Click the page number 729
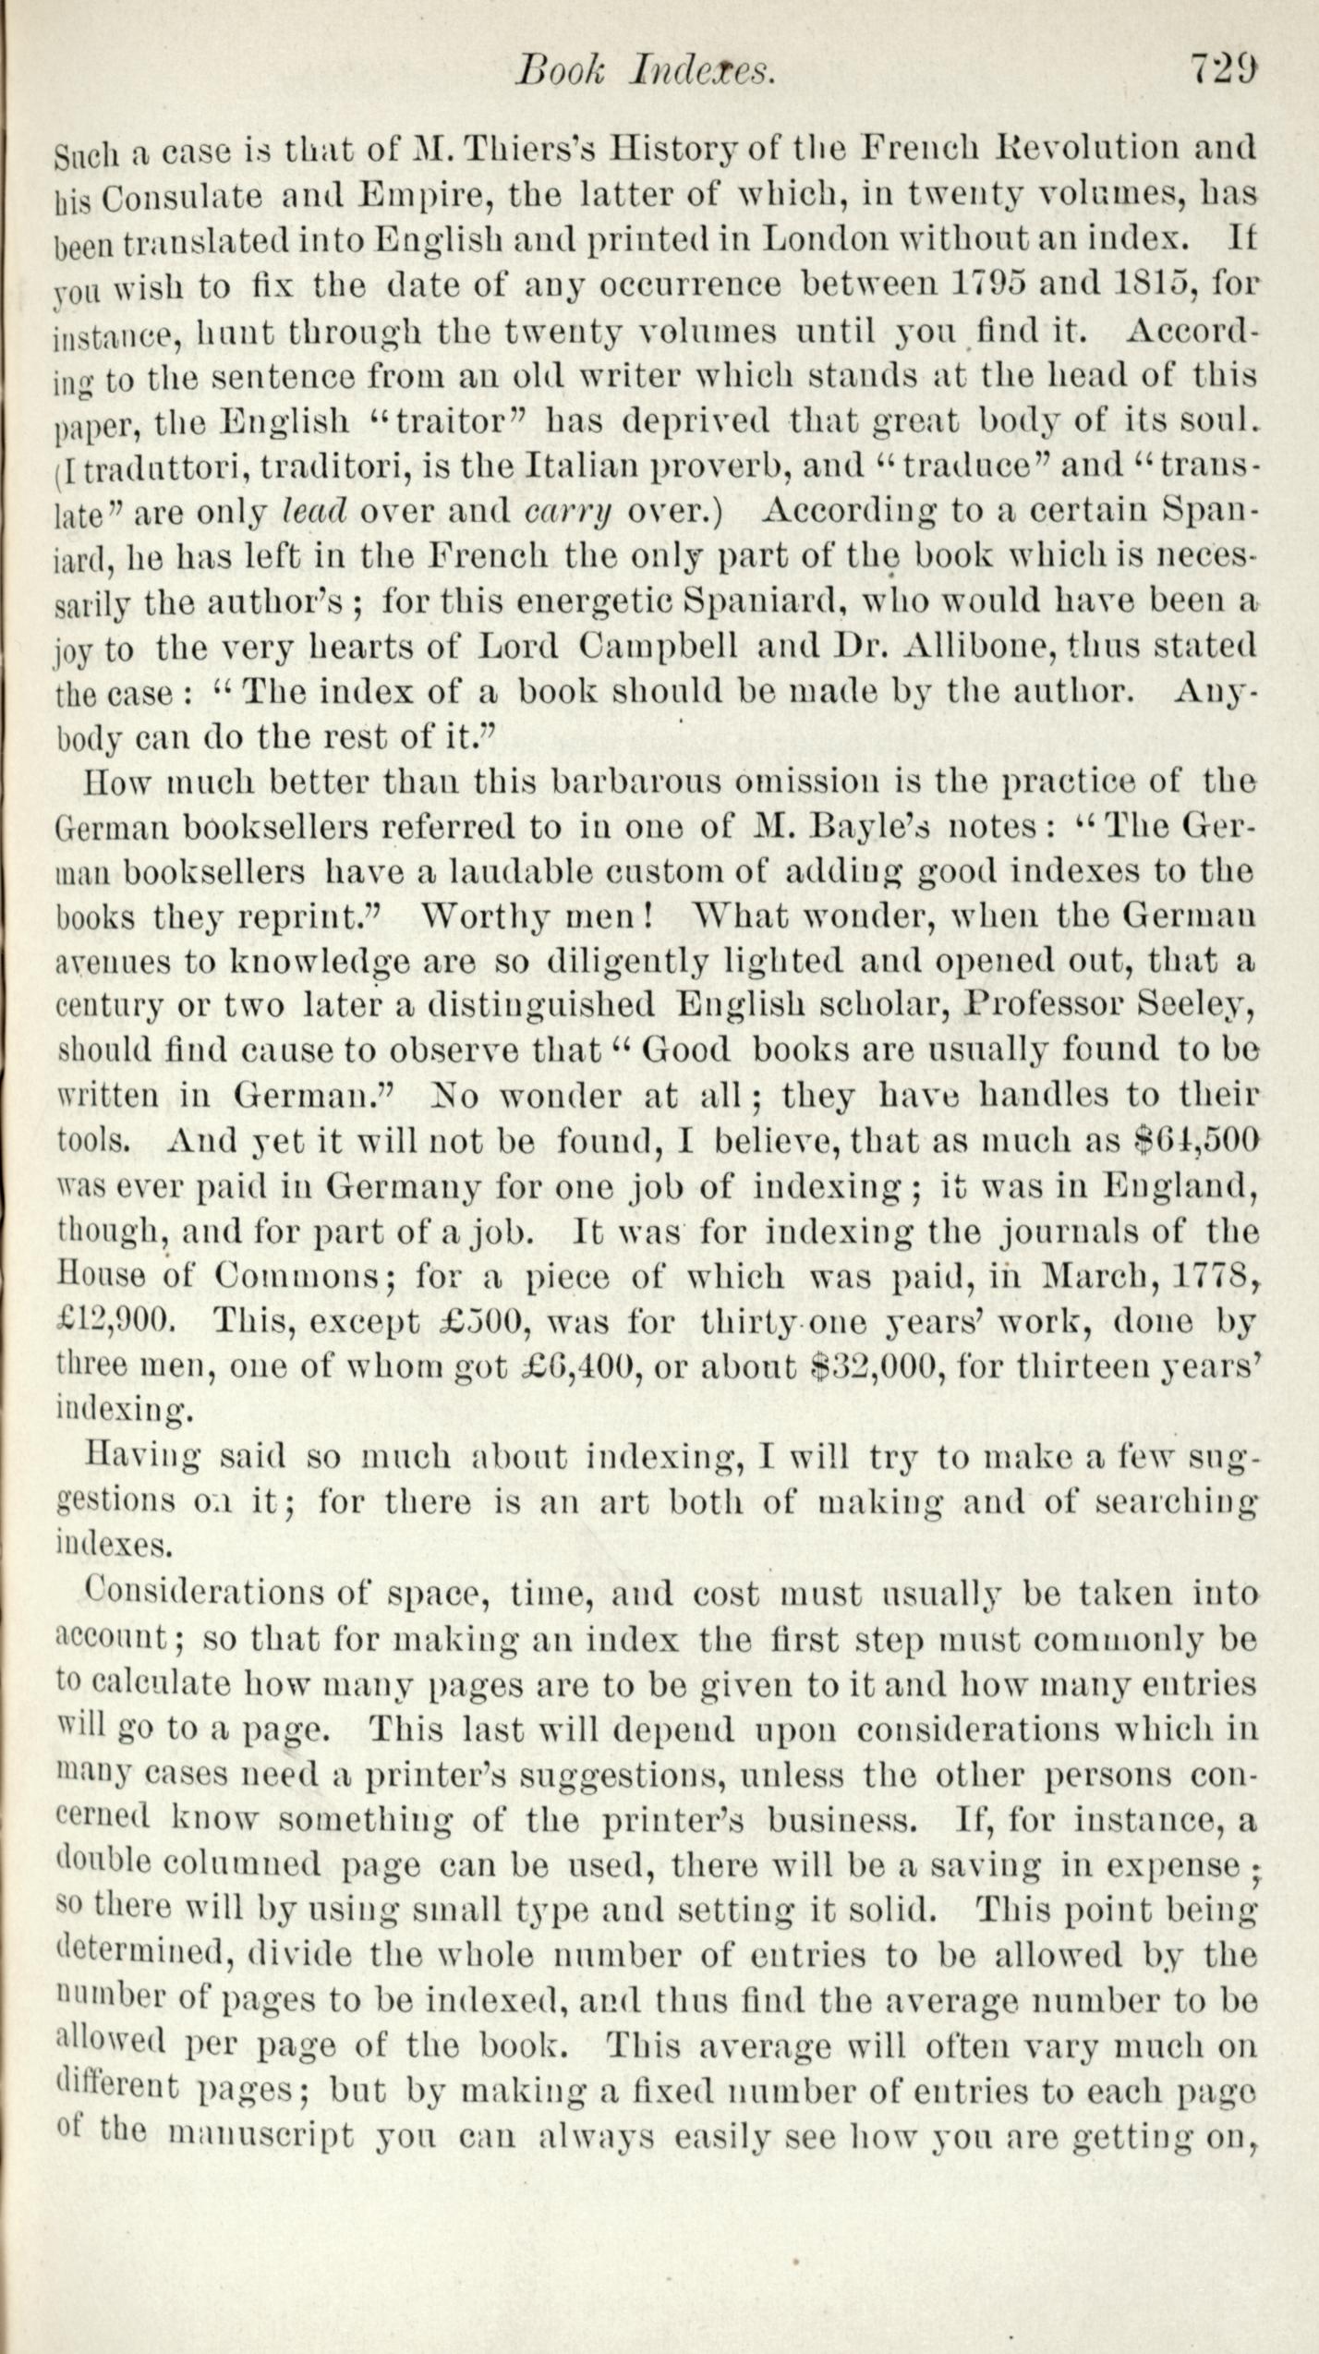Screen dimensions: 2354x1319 (1223, 69)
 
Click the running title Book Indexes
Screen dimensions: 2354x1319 (644, 71)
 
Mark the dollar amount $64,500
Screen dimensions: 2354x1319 (1197, 1141)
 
